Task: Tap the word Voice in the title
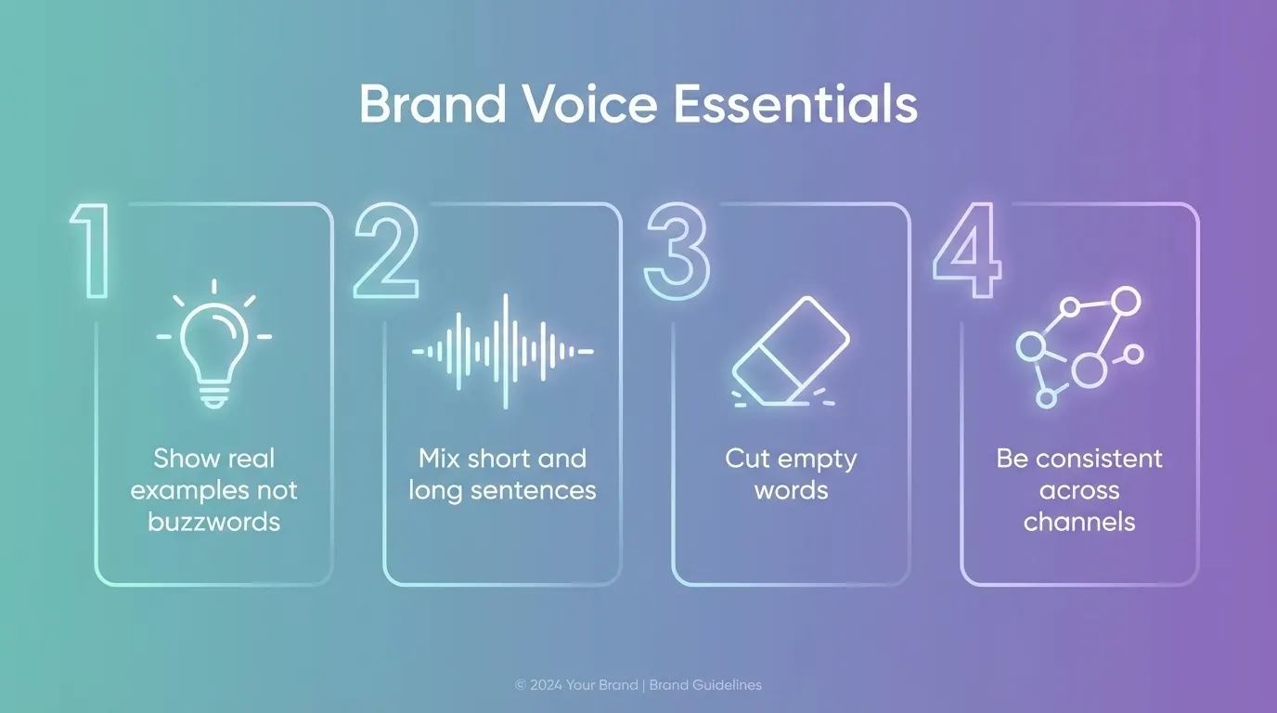pos(587,105)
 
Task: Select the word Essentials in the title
pos(795,105)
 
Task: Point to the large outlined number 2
pos(386,252)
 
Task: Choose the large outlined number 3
pos(677,252)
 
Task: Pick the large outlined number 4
pos(967,252)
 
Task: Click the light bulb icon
pos(214,347)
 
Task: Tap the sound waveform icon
pos(503,351)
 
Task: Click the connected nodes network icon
pos(1079,347)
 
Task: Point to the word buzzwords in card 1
pos(213,522)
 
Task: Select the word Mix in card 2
pos(440,459)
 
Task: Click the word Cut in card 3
pos(748,459)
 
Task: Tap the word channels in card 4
pos(1079,522)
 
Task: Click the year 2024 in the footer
pos(546,685)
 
